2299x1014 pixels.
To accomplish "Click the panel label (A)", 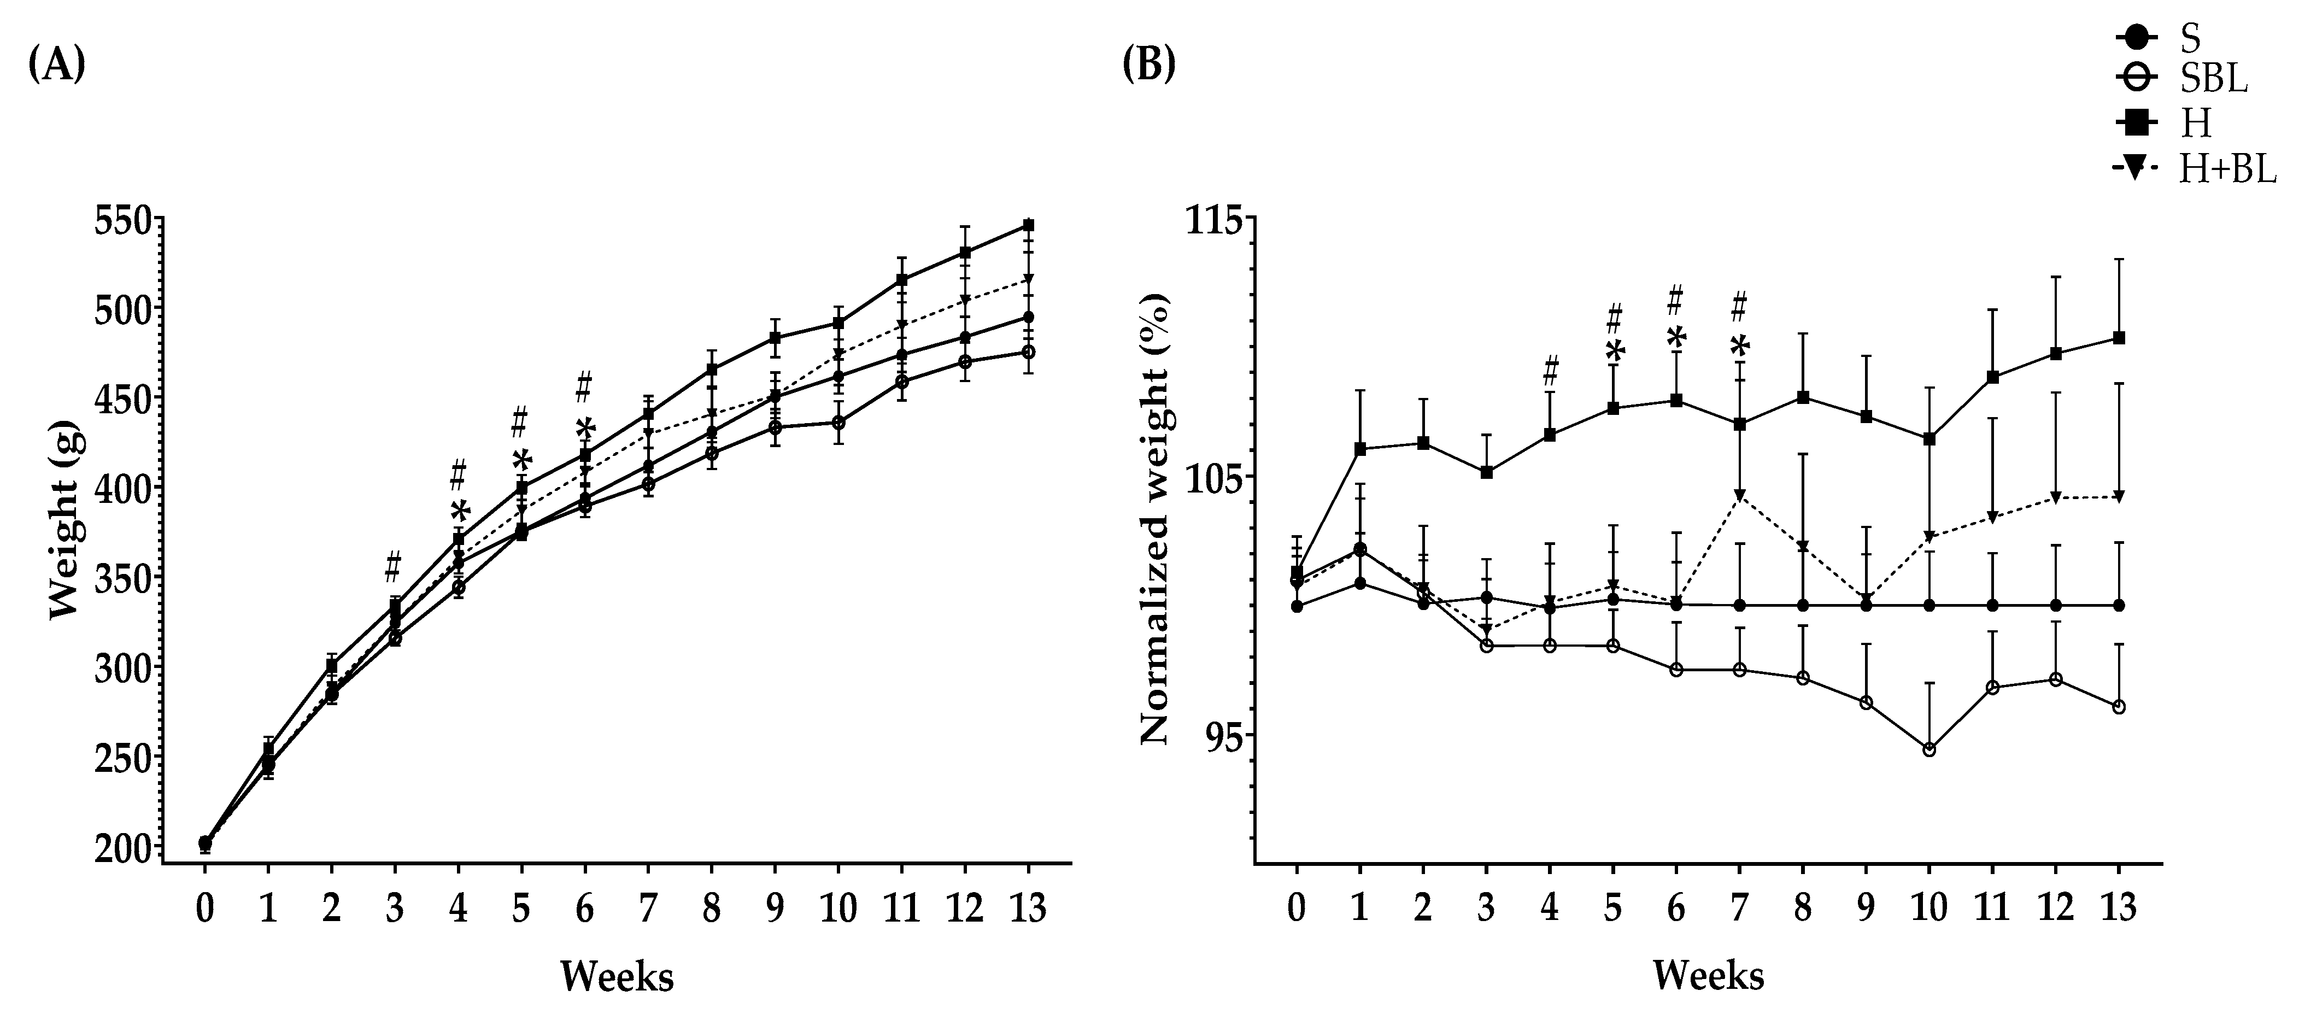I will pos(57,67).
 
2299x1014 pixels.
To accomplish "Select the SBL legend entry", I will pos(2212,79).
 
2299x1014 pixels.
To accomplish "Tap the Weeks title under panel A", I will pos(617,976).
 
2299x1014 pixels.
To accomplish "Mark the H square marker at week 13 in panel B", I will pos(2119,337).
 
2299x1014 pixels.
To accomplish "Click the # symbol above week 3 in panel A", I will pos(394,566).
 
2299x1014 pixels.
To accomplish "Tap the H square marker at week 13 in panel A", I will pos(1029,225).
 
